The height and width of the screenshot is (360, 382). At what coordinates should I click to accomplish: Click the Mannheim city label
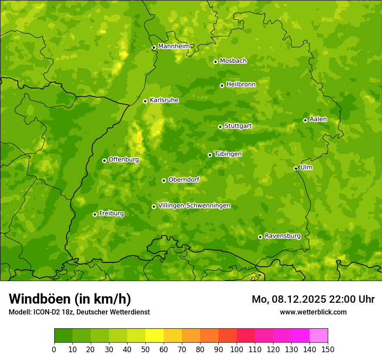tap(174, 46)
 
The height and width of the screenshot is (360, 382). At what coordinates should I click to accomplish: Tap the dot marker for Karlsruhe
tap(145, 101)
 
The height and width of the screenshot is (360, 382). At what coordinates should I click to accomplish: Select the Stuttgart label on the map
tap(238, 126)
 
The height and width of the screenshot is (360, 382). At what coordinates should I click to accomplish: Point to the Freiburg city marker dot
tap(95, 214)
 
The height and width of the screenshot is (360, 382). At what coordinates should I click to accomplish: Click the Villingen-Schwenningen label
tap(194, 206)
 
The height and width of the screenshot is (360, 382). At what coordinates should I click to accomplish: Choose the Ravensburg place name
tap(283, 236)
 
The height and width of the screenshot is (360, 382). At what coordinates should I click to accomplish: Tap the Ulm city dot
tap(296, 168)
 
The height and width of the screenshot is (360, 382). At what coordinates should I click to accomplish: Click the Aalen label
tap(318, 119)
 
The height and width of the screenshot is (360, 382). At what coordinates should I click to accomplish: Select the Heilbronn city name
tap(241, 85)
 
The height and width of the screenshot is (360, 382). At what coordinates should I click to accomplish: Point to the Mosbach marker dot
tap(215, 62)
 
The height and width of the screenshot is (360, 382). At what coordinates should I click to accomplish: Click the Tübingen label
tap(228, 154)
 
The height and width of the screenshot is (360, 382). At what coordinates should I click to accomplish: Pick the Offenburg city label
tap(124, 160)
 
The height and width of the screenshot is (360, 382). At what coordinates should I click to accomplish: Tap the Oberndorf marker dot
tap(164, 180)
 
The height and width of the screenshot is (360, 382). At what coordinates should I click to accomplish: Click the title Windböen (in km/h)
tap(70, 299)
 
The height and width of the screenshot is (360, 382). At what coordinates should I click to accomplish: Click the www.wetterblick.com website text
tap(313, 312)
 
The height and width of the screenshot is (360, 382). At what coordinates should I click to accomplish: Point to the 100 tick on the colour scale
tap(237, 349)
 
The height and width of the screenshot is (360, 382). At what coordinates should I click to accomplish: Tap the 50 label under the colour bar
tap(145, 349)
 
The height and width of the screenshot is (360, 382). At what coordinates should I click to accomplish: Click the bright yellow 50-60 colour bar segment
tap(155, 336)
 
